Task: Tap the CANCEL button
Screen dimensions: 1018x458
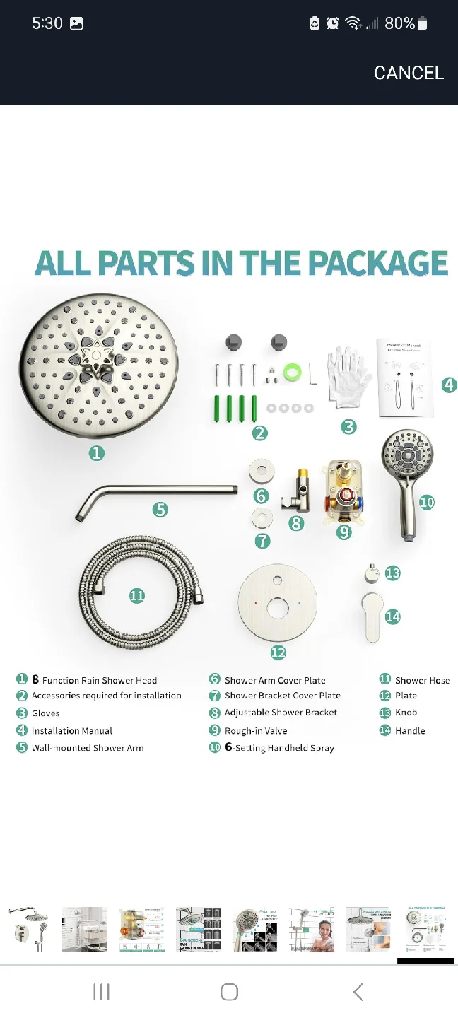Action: click(x=409, y=73)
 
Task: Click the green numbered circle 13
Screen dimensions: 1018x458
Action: click(x=392, y=573)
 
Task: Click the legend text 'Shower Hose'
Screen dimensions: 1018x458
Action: click(x=422, y=680)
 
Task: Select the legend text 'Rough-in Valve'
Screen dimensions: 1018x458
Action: click(x=256, y=731)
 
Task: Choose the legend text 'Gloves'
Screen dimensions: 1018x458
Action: click(x=46, y=713)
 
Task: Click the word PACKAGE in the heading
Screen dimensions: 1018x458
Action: click(x=378, y=264)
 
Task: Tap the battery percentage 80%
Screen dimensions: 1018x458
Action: click(x=399, y=23)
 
